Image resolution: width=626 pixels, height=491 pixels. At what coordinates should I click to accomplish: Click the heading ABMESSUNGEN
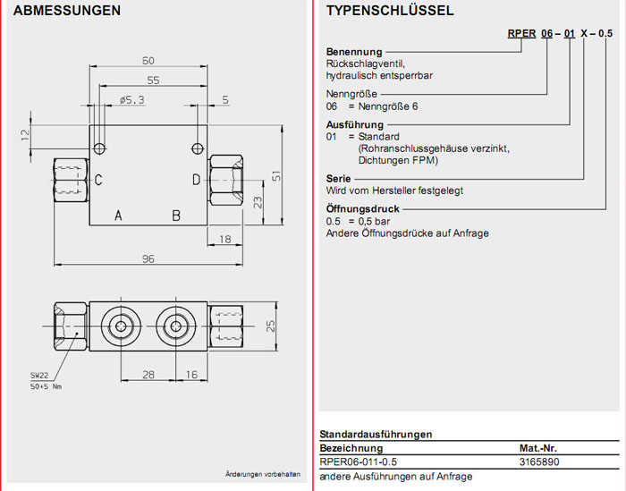[67, 12]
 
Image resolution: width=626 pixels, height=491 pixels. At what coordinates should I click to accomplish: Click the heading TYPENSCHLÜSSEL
[390, 12]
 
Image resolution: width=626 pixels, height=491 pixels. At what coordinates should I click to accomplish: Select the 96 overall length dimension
[148, 259]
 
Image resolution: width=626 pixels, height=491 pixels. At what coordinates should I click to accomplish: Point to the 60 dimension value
[148, 61]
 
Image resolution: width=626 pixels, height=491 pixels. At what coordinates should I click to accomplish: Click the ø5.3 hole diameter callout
[131, 100]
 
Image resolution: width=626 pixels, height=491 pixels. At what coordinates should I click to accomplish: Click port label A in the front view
[118, 216]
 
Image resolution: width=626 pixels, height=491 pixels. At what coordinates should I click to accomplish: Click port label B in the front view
[176, 216]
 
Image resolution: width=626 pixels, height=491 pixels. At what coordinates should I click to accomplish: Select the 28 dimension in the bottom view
[148, 374]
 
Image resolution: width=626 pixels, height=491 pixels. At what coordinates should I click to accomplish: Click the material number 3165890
[538, 461]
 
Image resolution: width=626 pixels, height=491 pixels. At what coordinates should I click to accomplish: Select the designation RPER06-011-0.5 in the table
[358, 461]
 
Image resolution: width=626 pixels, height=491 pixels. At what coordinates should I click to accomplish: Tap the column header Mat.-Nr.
[538, 448]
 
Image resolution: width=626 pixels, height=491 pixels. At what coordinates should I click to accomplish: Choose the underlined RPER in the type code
[520, 34]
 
